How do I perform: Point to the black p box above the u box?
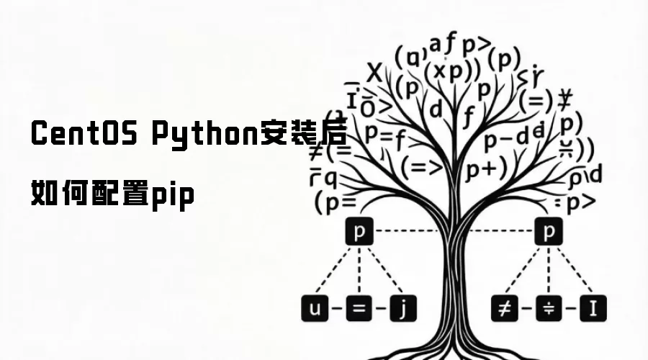[358, 232]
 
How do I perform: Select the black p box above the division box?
[548, 232]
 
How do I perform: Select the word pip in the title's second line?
[173, 194]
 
